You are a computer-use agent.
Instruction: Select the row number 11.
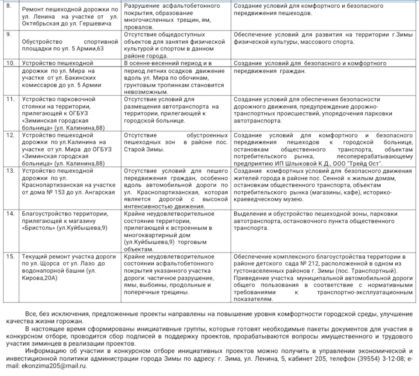(x=10, y=99)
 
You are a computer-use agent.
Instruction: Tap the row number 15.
(x=10, y=256)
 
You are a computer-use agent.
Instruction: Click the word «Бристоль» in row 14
(x=36, y=228)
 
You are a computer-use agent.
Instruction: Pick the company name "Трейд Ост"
(x=368, y=164)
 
